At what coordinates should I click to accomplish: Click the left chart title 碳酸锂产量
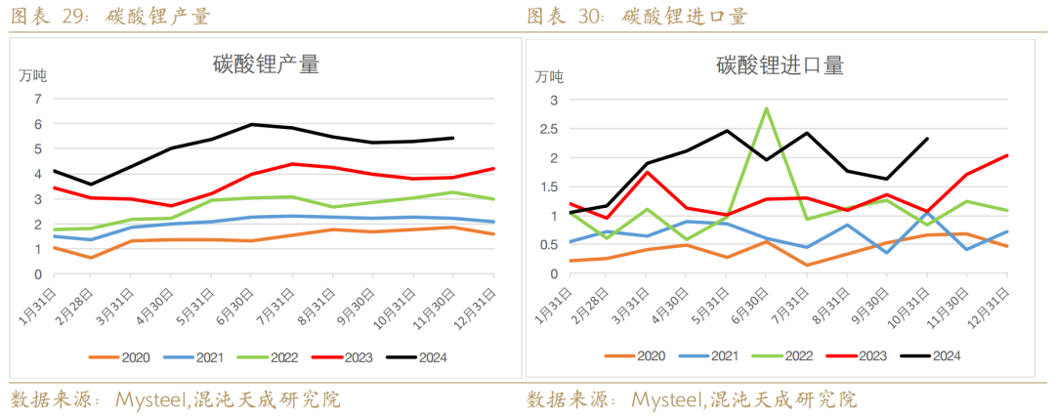pyautogui.click(x=267, y=64)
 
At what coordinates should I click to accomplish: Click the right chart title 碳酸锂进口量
pyautogui.click(x=780, y=66)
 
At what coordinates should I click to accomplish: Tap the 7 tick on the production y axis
pyautogui.click(x=38, y=99)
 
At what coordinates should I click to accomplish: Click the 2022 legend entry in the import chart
pyautogui.click(x=788, y=357)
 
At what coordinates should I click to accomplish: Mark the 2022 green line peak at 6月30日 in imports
pyautogui.click(x=767, y=108)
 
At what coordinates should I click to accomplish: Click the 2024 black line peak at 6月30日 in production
pyautogui.click(x=252, y=124)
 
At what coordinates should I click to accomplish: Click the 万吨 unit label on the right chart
pyautogui.click(x=549, y=75)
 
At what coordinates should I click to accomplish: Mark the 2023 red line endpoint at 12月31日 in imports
pyautogui.click(x=1007, y=155)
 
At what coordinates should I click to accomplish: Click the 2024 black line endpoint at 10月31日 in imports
pyautogui.click(x=927, y=139)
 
